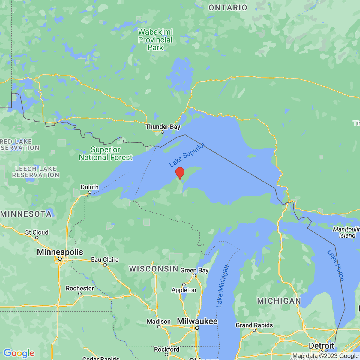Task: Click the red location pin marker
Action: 180,173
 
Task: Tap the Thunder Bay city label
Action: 163,127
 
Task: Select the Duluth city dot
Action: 90,192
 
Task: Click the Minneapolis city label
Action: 60,252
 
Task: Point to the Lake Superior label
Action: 187,155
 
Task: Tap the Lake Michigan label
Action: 222,286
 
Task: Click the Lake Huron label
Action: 336,265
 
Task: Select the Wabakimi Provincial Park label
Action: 155,40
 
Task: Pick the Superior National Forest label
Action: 106,153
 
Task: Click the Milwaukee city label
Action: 197,321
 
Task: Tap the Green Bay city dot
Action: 194,275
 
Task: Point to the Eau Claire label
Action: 105,259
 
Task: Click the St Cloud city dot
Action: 37,238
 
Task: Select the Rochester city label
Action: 80,288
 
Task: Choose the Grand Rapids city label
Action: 254,325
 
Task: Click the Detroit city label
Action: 321,346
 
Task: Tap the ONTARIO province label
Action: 228,8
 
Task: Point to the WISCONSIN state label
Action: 154,269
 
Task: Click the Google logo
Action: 19,353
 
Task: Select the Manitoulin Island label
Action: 346,232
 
